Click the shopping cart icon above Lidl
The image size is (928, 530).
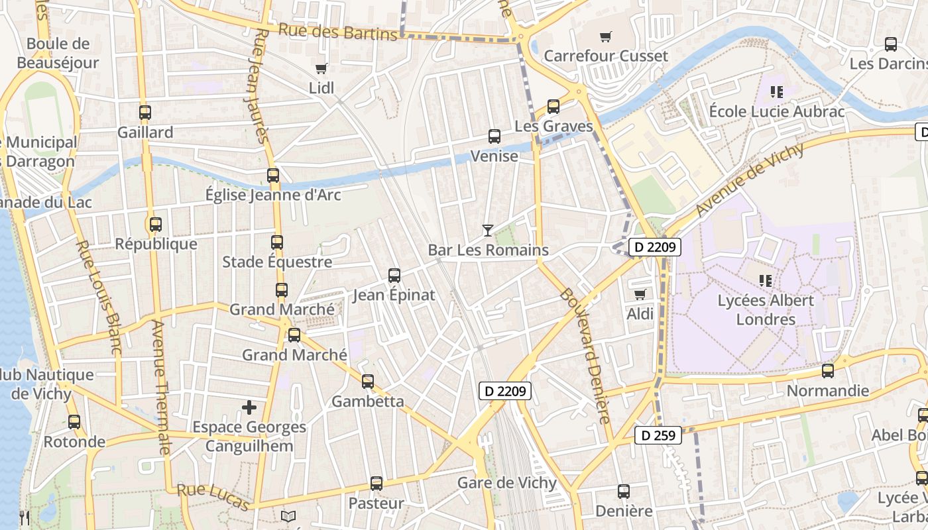click(321, 68)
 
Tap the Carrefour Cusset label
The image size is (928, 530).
click(605, 56)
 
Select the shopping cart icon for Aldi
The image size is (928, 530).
click(640, 294)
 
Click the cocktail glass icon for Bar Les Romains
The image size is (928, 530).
click(488, 231)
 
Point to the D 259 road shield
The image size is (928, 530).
click(658, 435)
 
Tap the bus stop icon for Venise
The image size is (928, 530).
click(494, 136)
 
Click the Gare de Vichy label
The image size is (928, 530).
click(506, 482)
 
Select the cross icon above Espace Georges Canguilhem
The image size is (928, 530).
click(249, 407)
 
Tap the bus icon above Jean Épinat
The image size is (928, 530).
click(394, 275)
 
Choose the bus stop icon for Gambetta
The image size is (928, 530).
click(368, 382)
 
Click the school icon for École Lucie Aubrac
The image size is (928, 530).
click(777, 91)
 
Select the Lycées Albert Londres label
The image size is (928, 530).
click(766, 309)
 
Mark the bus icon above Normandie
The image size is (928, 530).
click(828, 371)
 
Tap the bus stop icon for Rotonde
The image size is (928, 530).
click(74, 422)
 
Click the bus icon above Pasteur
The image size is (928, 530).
click(377, 484)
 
